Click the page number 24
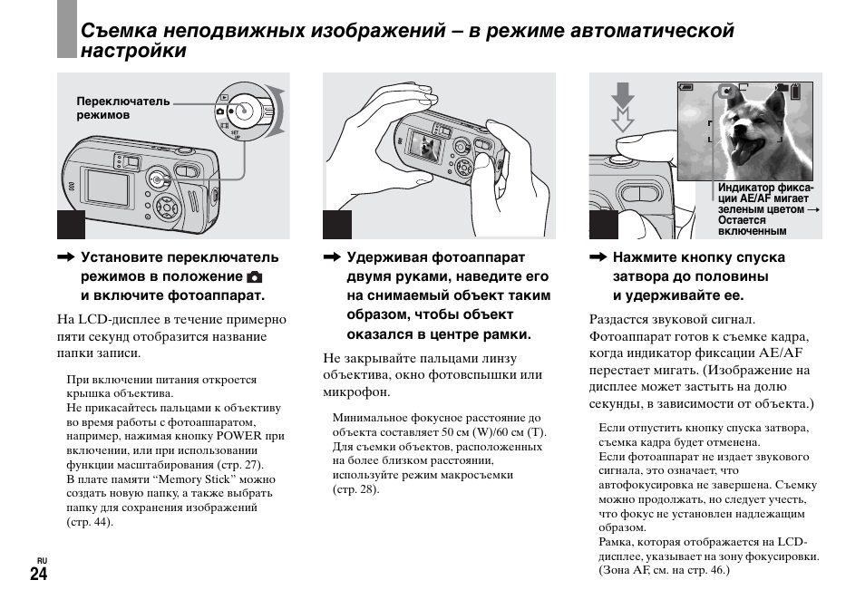pos(38,575)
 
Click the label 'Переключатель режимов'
pos(110,109)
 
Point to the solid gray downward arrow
pos(621,94)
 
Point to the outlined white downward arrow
pos(622,119)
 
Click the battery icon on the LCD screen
pos(796,91)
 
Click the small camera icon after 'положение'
pos(255,276)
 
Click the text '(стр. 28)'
pos(355,489)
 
